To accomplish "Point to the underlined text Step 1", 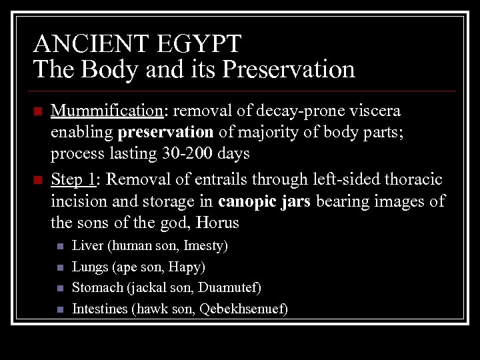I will coord(73,179).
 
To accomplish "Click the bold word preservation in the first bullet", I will coord(165,132).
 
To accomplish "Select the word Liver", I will coord(87,246).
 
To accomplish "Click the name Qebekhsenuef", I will coord(246,309).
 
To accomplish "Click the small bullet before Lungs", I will coord(59,268).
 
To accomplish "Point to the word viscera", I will coord(377,110).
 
